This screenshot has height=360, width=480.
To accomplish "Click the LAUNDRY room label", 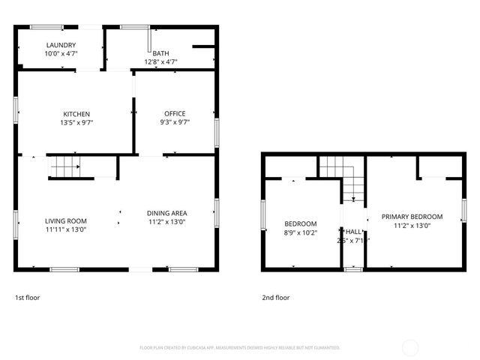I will coord(61,46).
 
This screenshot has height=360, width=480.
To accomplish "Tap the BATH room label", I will coord(160,53).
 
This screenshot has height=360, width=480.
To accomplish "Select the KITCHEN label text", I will coord(76,114).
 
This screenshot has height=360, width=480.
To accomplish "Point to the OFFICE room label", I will coord(175,114).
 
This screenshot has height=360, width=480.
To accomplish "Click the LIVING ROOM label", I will coord(66,221).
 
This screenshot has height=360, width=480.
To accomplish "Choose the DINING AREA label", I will coord(166,213).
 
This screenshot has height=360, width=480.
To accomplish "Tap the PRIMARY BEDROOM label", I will coord(412,217).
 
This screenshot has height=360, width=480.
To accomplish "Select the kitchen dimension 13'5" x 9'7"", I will coord(76,122).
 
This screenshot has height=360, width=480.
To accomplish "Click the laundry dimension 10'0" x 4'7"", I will coord(61,54).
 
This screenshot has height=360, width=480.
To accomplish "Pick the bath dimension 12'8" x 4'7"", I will coord(160,61).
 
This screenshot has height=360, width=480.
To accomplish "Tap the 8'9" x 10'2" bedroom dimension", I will coord(300,232).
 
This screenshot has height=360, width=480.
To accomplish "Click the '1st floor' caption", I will coord(27,298).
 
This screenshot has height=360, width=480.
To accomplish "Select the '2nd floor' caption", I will coord(275,298).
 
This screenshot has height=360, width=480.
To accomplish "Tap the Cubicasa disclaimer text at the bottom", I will coord(240,348).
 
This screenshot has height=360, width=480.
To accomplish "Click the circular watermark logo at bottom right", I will coord(410,347).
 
